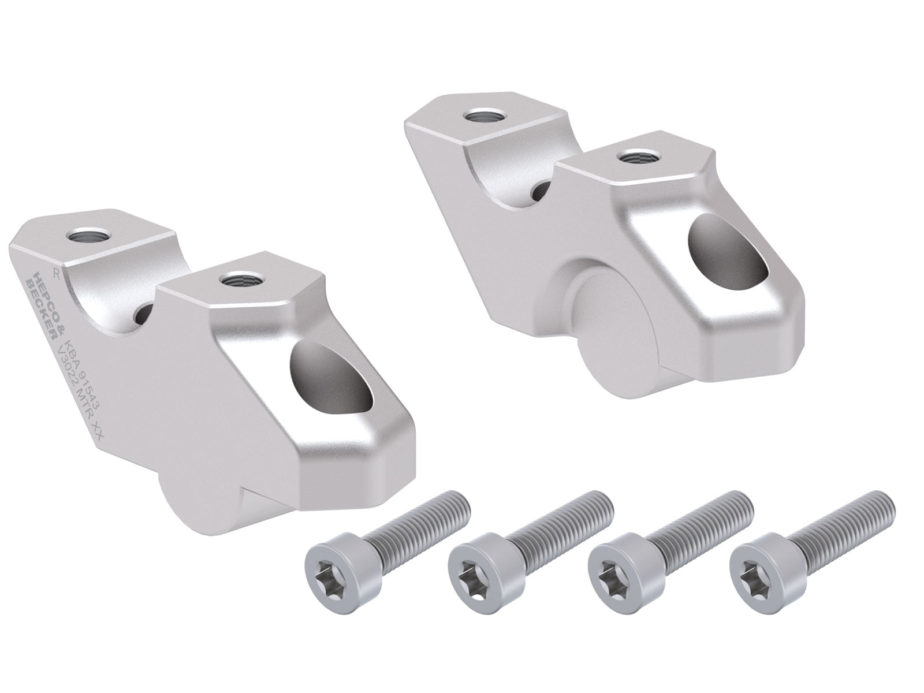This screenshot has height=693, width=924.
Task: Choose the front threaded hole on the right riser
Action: click(x=633, y=157)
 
